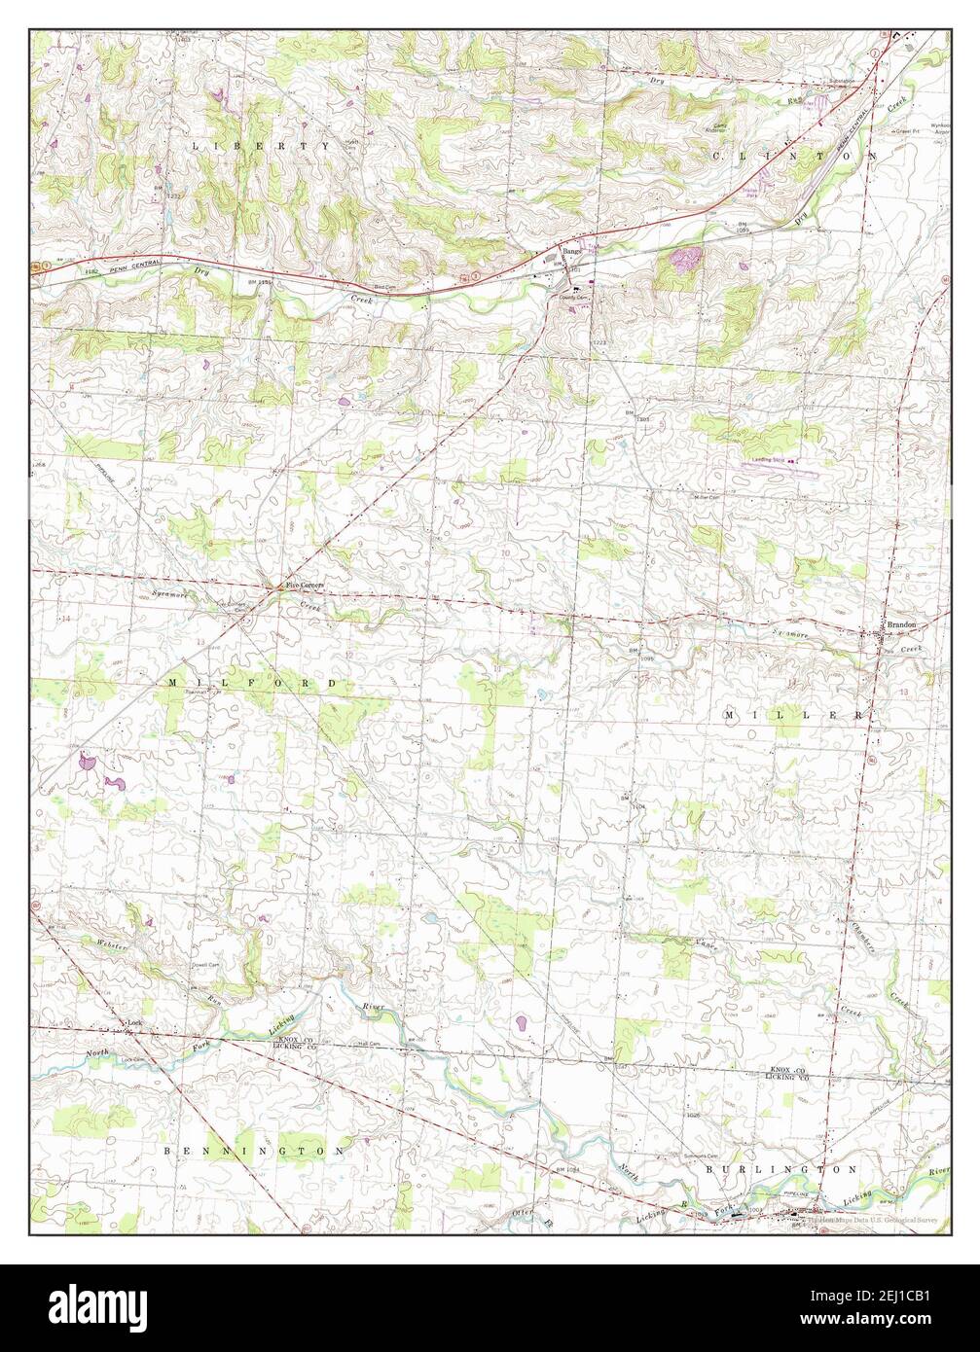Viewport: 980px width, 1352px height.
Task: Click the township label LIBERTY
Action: tap(261, 146)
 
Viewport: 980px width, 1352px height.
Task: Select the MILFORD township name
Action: tap(252, 684)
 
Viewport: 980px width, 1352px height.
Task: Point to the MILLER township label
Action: tap(792, 715)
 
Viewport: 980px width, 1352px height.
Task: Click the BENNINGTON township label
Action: tap(255, 1151)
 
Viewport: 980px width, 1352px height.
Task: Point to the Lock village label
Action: tap(135, 1022)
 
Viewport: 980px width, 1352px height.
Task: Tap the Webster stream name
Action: tap(112, 943)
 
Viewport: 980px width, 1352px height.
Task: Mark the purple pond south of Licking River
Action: tap(522, 1023)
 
